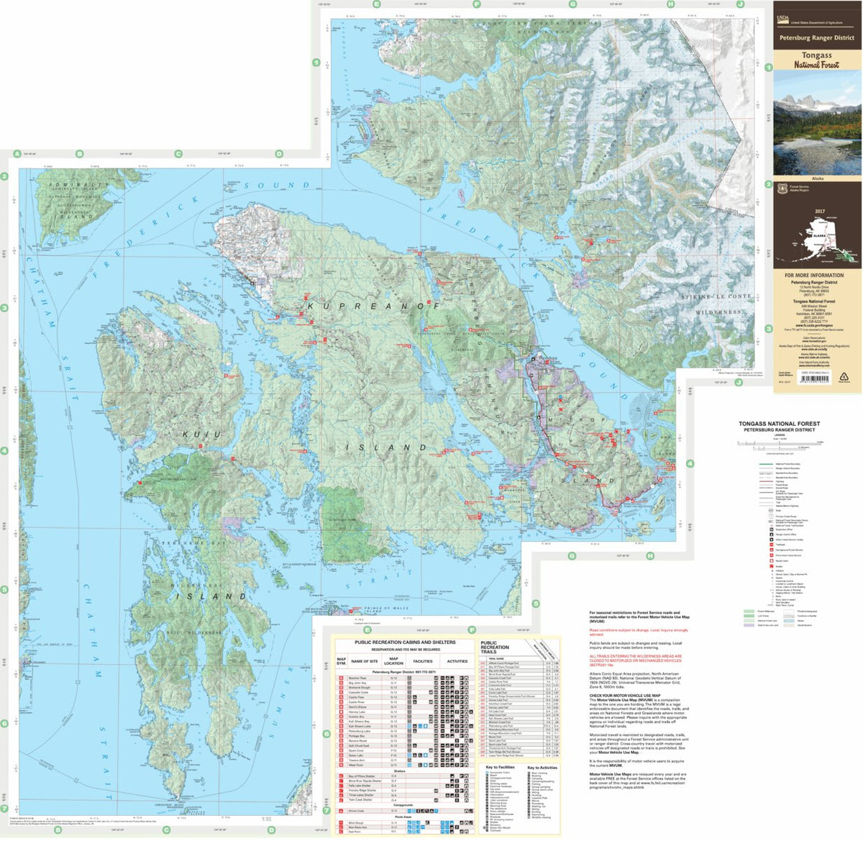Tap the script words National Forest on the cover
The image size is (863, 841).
pyautogui.click(x=816, y=65)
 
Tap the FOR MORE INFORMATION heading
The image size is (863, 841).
pyautogui.click(x=814, y=275)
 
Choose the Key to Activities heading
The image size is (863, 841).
pyautogui.click(x=542, y=768)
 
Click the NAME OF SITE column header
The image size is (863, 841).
pyautogui.click(x=364, y=661)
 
